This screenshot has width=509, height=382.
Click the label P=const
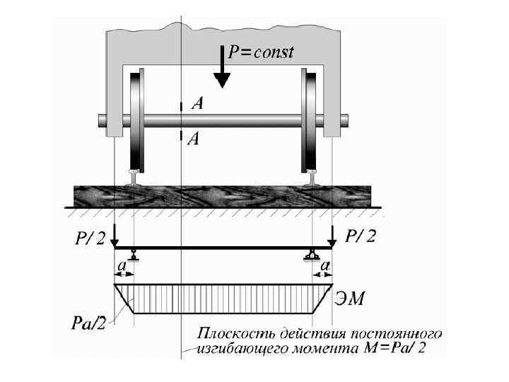point(260,52)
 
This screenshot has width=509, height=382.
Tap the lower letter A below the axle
point(194,139)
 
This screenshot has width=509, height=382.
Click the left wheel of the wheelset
point(136,120)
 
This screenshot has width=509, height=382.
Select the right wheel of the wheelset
point(310,120)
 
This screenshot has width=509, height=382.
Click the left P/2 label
point(89,238)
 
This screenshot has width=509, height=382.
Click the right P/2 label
point(361,236)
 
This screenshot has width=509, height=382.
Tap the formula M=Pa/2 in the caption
point(395,348)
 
